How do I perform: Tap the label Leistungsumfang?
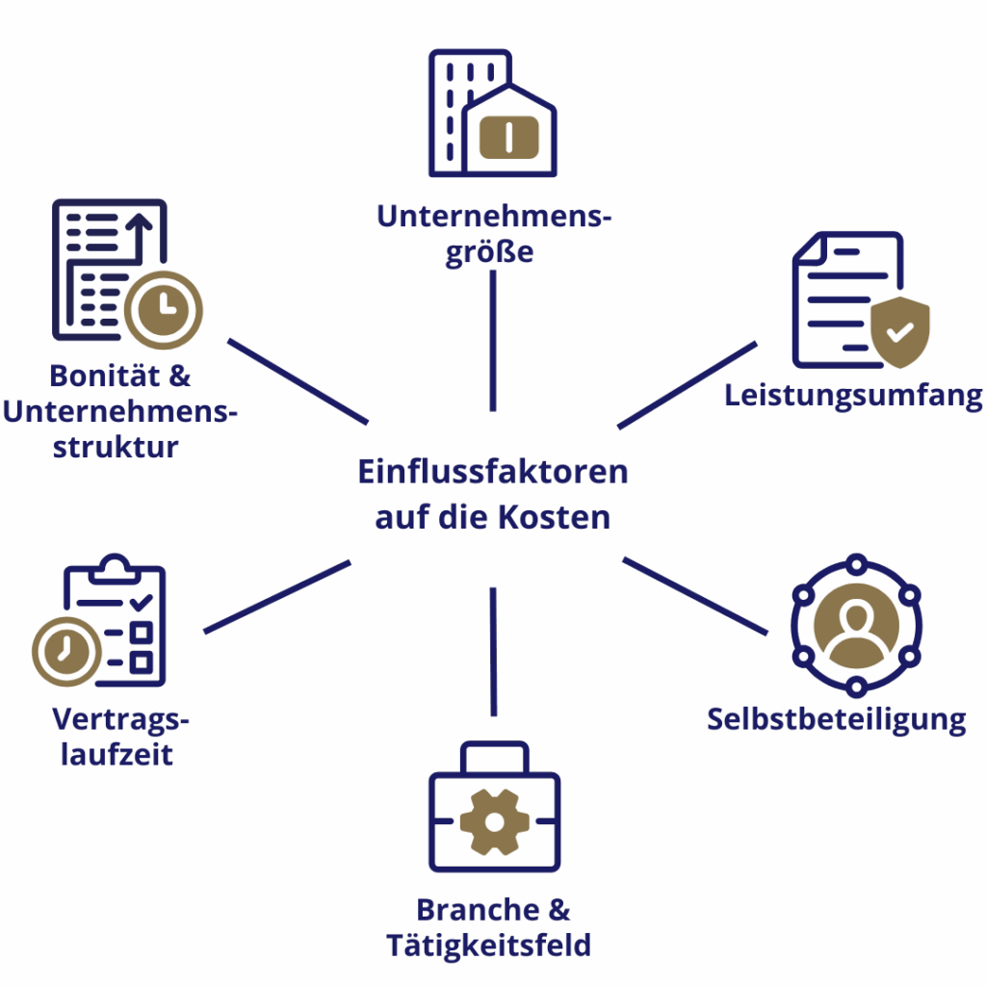[x=853, y=395]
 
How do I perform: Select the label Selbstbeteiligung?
[x=836, y=719]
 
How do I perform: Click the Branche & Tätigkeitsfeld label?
[x=491, y=927]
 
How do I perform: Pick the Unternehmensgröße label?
[x=493, y=235]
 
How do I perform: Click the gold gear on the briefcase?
[x=494, y=821]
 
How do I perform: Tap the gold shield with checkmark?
[x=899, y=331]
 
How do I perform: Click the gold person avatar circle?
[x=856, y=625]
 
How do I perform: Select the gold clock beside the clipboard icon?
[x=66, y=651]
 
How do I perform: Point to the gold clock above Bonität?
[x=164, y=309]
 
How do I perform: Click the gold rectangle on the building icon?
[x=508, y=137]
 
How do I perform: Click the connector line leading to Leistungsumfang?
[x=687, y=385]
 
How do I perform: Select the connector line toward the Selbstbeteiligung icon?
[x=694, y=595]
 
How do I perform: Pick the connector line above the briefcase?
[x=493, y=651]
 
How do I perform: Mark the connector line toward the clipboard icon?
[x=277, y=597]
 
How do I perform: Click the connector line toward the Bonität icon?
[x=298, y=380]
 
